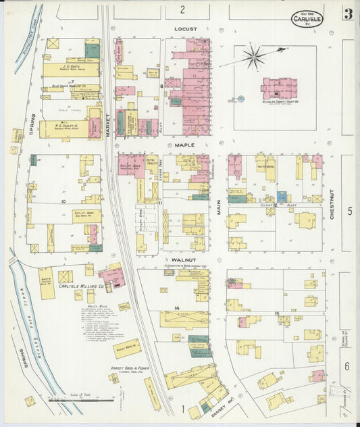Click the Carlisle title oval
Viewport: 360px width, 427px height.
pos(307,18)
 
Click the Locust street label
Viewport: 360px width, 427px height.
pos(184,30)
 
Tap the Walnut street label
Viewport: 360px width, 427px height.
pos(184,259)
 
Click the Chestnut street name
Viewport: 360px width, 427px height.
pos(332,203)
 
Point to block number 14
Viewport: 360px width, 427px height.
pos(176,308)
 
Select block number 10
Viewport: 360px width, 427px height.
pos(63,201)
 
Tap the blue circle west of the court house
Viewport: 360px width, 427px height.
pos(240,99)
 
